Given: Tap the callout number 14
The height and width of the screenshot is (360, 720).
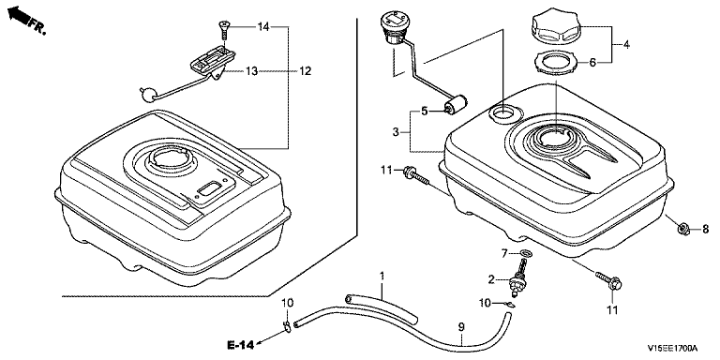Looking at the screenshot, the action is click(x=263, y=27).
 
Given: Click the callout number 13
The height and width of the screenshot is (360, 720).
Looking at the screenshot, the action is click(x=251, y=71).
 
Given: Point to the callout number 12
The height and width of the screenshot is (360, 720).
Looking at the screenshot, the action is click(x=305, y=71).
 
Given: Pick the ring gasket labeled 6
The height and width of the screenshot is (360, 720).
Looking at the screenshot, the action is click(x=556, y=63).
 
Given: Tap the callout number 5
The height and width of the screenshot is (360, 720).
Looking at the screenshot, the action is click(x=425, y=111).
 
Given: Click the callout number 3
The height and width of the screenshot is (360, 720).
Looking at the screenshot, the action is click(x=396, y=133).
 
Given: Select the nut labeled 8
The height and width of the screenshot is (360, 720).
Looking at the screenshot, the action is click(x=683, y=228).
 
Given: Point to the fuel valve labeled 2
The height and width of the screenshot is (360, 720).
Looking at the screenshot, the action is click(x=518, y=278).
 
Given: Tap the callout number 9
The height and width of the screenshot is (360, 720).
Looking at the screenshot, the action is click(x=461, y=327).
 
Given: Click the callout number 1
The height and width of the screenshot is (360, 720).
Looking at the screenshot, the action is click(x=382, y=276).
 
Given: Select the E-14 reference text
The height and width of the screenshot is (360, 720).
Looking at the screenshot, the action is click(x=240, y=345).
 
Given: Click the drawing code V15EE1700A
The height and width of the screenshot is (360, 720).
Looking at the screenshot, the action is click(x=672, y=348).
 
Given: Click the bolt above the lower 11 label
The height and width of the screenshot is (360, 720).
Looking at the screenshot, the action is click(x=608, y=280).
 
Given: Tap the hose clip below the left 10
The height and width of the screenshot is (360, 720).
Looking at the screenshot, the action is click(x=286, y=326).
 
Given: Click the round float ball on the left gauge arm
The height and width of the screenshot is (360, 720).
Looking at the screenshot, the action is click(x=149, y=95).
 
